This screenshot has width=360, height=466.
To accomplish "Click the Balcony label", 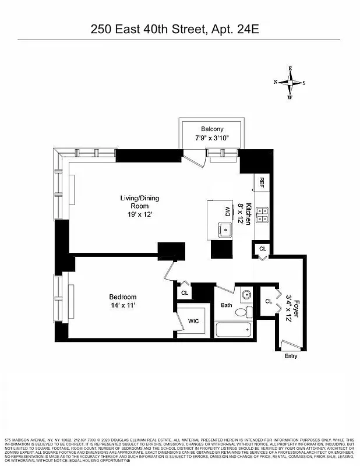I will [212, 129].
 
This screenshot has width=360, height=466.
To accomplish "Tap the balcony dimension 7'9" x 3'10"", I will [212, 139].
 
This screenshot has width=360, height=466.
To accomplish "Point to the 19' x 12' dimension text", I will [139, 214].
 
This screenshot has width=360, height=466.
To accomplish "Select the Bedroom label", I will [123, 297].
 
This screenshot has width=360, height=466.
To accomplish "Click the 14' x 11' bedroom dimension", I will [123, 306].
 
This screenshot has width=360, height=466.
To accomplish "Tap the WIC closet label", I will [193, 321].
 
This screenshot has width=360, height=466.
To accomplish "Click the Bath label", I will [227, 305].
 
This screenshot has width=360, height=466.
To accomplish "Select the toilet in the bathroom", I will [242, 312].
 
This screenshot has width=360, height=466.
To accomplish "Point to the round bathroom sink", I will [246, 295].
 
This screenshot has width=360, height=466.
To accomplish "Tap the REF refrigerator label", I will [262, 182].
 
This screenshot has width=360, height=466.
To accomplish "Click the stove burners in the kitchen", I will [263, 216].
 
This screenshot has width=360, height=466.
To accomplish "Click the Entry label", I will [291, 356].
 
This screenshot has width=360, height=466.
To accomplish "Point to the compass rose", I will [290, 83].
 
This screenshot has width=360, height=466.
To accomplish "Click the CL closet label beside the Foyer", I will [269, 302].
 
